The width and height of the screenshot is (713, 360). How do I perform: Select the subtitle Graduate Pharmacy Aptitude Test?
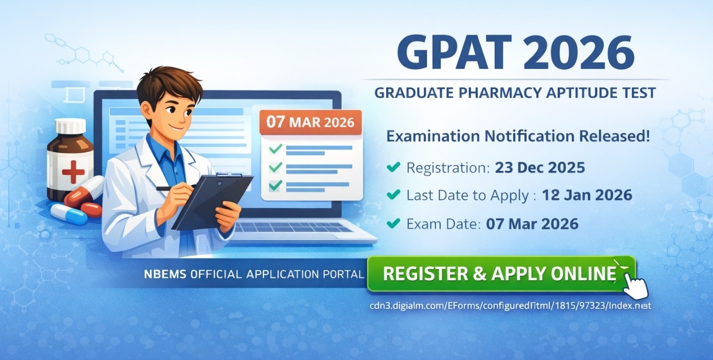click(515, 93)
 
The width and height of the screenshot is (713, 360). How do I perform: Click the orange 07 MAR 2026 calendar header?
click(310, 123)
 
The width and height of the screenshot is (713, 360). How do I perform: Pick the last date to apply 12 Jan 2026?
click(587, 195)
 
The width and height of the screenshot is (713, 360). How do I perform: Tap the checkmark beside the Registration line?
click(393, 167)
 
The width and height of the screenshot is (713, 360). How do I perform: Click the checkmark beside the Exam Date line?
click(393, 223)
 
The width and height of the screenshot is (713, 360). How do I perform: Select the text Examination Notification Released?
click(518, 137)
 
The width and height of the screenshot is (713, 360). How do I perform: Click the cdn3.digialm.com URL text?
click(510, 306)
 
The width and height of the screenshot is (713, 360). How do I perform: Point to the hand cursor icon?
click(635, 283)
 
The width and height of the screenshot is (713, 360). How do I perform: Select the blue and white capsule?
click(69, 214)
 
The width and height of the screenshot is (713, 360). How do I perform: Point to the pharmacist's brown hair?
click(168, 83)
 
